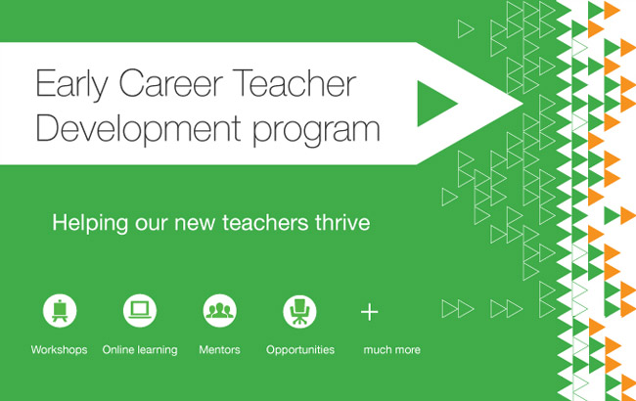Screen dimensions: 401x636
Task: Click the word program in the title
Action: pyautogui.click(x=315, y=131)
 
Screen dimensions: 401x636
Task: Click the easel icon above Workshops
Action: pyautogui.click(x=59, y=312)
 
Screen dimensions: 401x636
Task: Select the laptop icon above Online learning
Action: pyautogui.click(x=140, y=312)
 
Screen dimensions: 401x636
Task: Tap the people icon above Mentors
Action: pyautogui.click(x=220, y=312)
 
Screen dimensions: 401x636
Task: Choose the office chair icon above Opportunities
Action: pyautogui.click(x=300, y=312)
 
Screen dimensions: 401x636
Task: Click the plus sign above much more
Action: pyautogui.click(x=369, y=313)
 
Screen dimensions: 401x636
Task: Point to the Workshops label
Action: pyautogui.click(x=59, y=350)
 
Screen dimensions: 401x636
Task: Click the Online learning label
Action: pyautogui.click(x=140, y=350)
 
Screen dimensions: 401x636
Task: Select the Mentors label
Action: pyautogui.click(x=220, y=350)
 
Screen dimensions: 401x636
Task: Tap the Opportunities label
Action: pyautogui.click(x=300, y=350)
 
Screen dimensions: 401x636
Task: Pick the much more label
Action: pyautogui.click(x=391, y=350)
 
